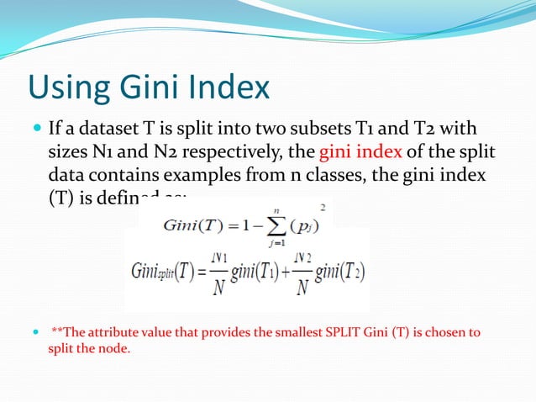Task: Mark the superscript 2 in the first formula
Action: tap(321, 206)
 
